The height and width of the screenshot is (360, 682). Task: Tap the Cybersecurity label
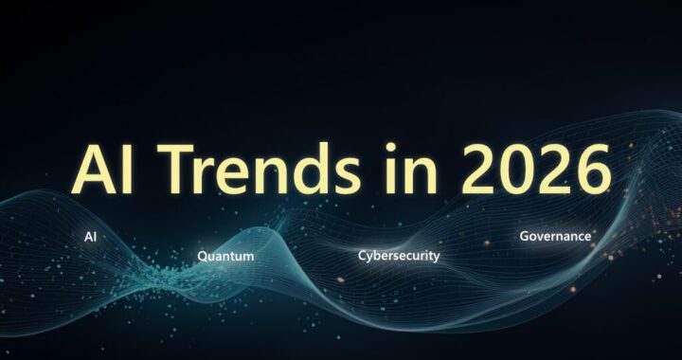[398, 256]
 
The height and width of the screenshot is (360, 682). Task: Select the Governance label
[555, 235]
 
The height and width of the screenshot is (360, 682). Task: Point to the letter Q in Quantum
[203, 256]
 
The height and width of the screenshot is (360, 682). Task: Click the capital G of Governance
[525, 235]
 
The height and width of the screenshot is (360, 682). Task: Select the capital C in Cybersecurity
[363, 256]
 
